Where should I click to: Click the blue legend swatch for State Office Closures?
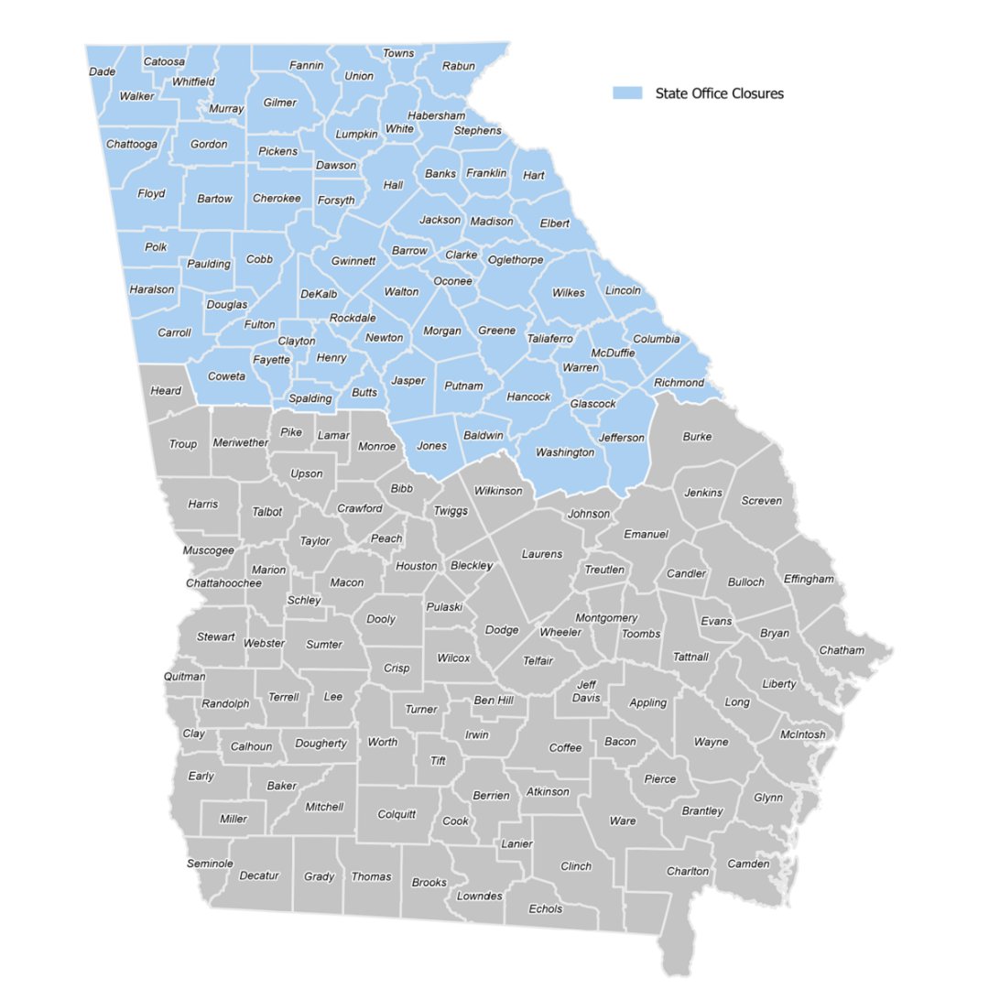coord(627,93)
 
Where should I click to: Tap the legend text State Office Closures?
coord(719,93)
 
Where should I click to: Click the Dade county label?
coord(102,71)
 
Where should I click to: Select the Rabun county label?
coord(458,66)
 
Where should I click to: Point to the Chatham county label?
coord(841,650)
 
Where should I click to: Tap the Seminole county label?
coord(210,864)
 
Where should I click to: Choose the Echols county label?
coord(545,908)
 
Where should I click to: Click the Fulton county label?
coord(259,324)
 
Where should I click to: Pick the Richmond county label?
coord(679,382)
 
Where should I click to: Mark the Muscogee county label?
coord(208,550)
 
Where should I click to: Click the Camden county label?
coord(748,864)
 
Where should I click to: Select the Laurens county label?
coord(541,553)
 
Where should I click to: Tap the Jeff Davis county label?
coord(586,691)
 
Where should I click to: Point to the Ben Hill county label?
coord(494,701)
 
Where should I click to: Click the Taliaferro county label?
coord(549,339)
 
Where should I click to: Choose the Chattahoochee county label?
coord(223,582)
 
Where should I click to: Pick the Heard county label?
coord(166,391)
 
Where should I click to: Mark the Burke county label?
coord(697,437)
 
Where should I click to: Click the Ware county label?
coord(622,821)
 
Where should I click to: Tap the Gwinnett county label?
coord(353,260)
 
